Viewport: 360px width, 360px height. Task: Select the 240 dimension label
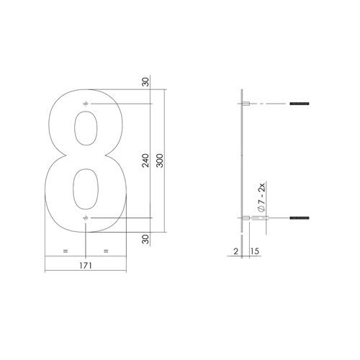(x=146, y=161)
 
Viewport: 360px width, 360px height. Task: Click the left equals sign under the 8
(x=66, y=251)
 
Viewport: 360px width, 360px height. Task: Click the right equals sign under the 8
(x=107, y=251)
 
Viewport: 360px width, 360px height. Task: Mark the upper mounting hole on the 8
(x=86, y=104)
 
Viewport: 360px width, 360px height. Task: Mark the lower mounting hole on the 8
(x=86, y=217)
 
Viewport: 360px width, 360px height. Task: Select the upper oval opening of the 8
(x=87, y=134)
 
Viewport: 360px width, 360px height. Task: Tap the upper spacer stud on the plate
(x=246, y=104)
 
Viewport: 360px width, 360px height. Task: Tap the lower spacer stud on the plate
(x=246, y=217)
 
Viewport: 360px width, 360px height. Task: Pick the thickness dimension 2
(x=235, y=251)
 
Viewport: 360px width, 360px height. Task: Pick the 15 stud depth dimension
(x=254, y=251)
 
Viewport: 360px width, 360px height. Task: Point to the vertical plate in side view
(x=240, y=162)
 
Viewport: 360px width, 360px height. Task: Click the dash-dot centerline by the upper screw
(x=266, y=104)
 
